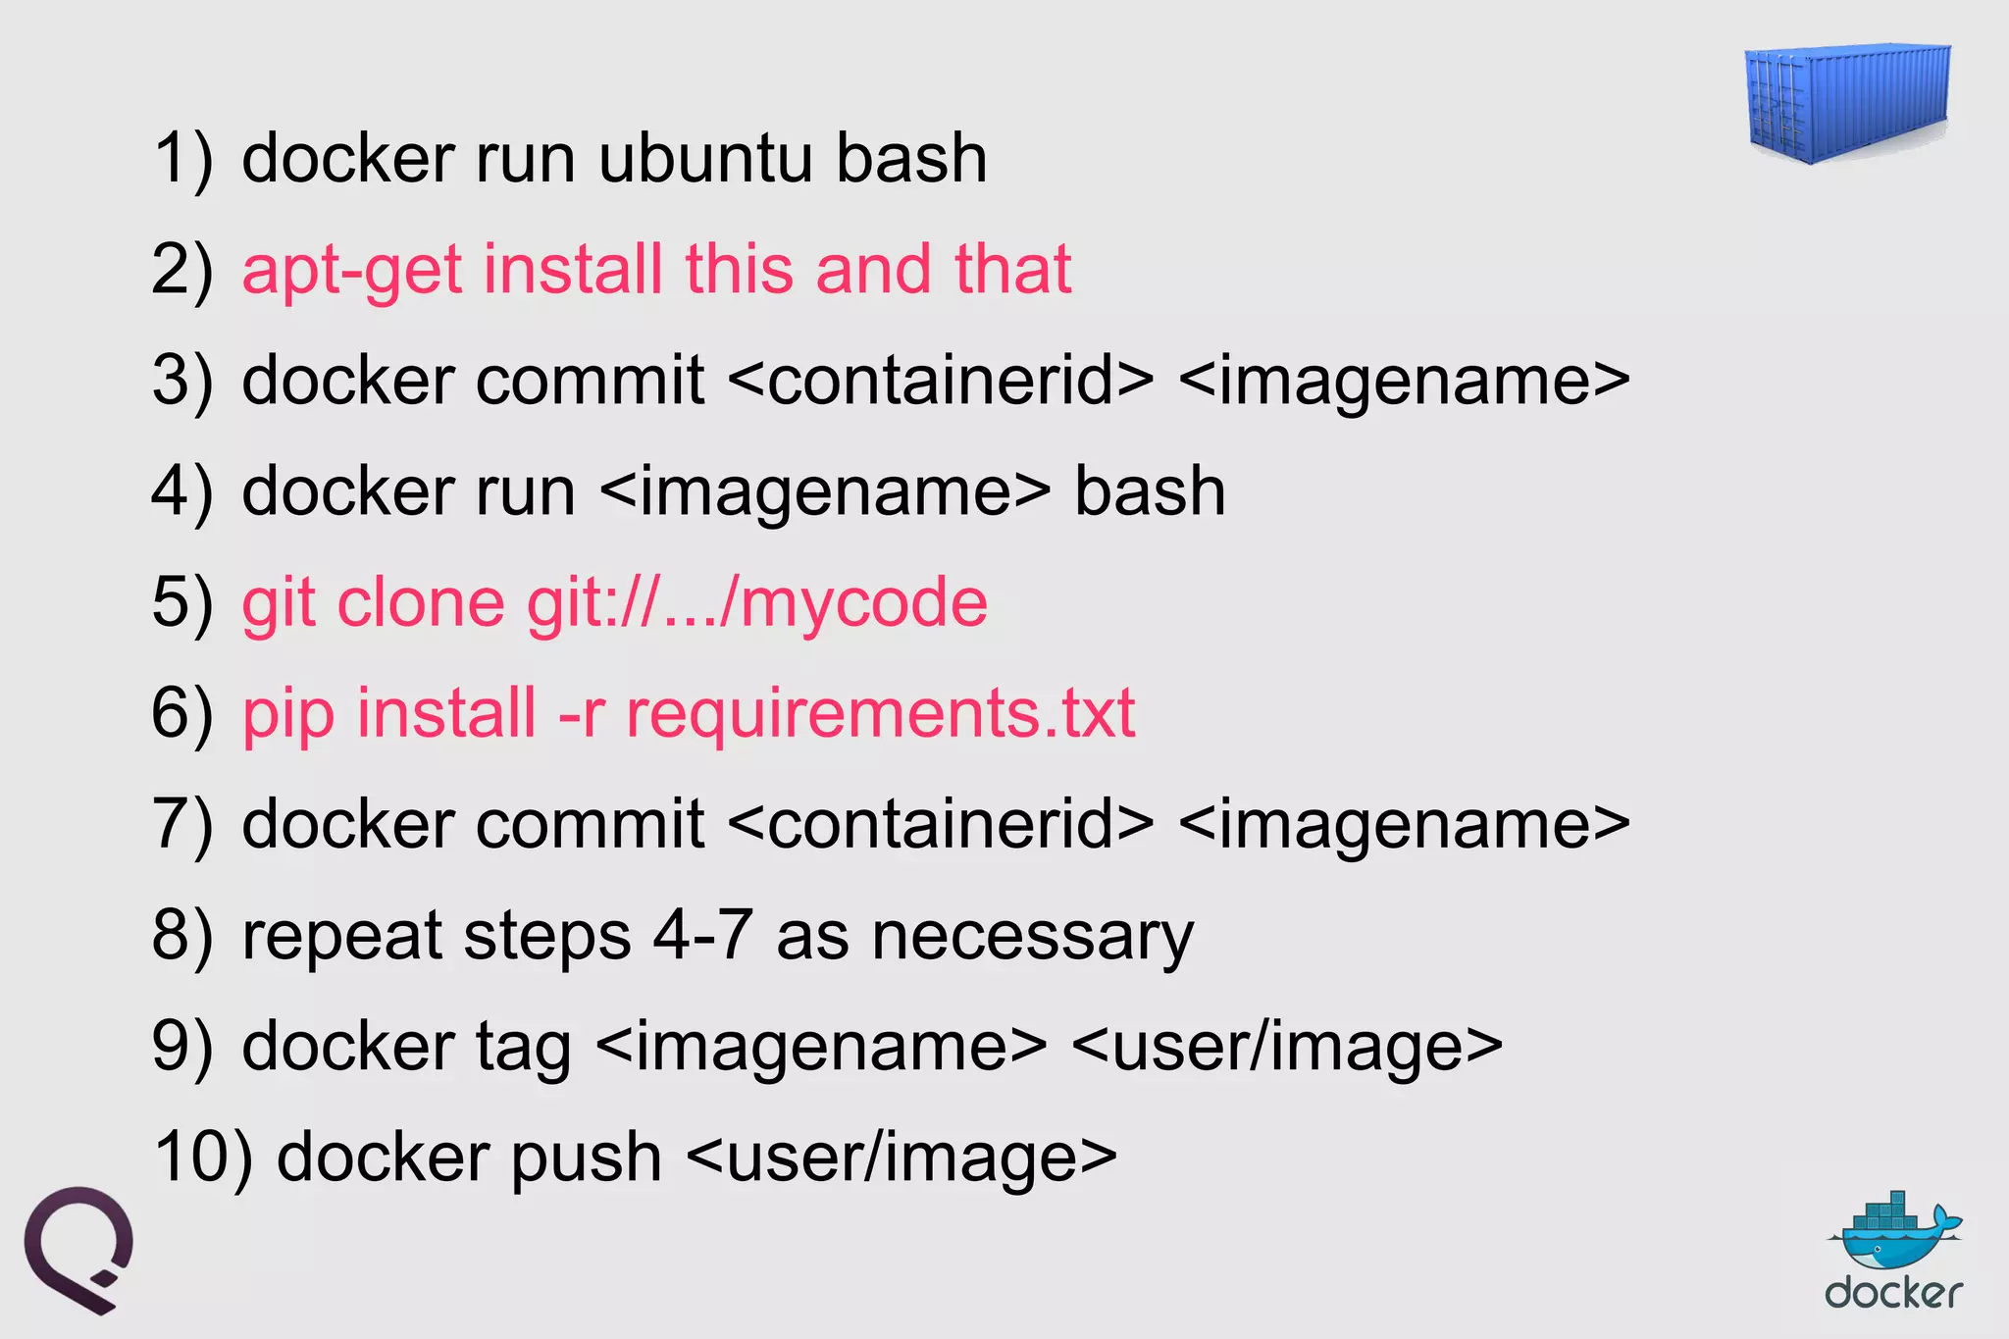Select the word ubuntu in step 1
pos(704,158)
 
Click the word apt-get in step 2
pos(351,271)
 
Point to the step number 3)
pos(182,381)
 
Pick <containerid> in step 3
pos(942,381)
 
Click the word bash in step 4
pos(1150,490)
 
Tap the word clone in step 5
pos(421,601)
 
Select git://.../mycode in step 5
pos(756,601)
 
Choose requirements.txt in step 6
pos(880,713)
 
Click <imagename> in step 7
pos(1403,824)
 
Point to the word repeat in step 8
pos(342,935)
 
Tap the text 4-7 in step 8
pos(702,934)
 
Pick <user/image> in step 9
pos(1287,1047)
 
